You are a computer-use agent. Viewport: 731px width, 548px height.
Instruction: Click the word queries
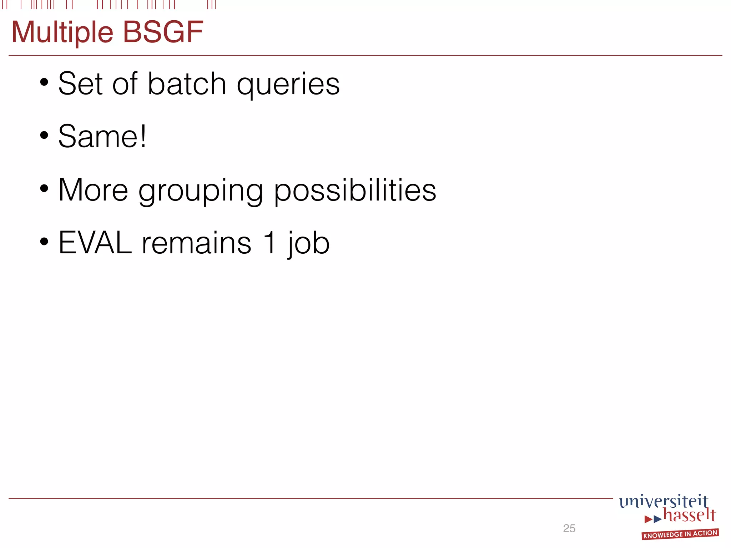[x=288, y=86]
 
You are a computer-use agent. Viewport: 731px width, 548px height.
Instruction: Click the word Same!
[x=102, y=137]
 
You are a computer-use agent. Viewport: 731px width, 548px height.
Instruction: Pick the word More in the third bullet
[x=93, y=190]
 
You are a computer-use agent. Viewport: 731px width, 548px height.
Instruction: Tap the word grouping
[x=201, y=192]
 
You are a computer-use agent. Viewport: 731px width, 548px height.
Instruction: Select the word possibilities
[x=355, y=191]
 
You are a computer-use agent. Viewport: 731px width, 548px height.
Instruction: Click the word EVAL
[x=95, y=243]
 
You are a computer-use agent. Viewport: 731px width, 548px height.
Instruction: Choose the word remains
[x=196, y=243]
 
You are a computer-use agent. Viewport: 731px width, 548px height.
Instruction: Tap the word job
[x=309, y=244]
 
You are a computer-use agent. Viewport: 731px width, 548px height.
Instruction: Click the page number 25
[x=569, y=528]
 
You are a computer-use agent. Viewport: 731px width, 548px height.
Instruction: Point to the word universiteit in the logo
[x=663, y=501]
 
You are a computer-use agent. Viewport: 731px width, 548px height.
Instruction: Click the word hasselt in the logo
[x=689, y=516]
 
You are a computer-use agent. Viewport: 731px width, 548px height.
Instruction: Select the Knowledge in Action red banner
[x=680, y=534]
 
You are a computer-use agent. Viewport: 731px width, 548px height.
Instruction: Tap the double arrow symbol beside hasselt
[x=653, y=519]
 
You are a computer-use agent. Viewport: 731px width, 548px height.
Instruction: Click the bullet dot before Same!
[x=44, y=136]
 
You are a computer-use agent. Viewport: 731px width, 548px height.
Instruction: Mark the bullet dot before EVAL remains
[x=44, y=242]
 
